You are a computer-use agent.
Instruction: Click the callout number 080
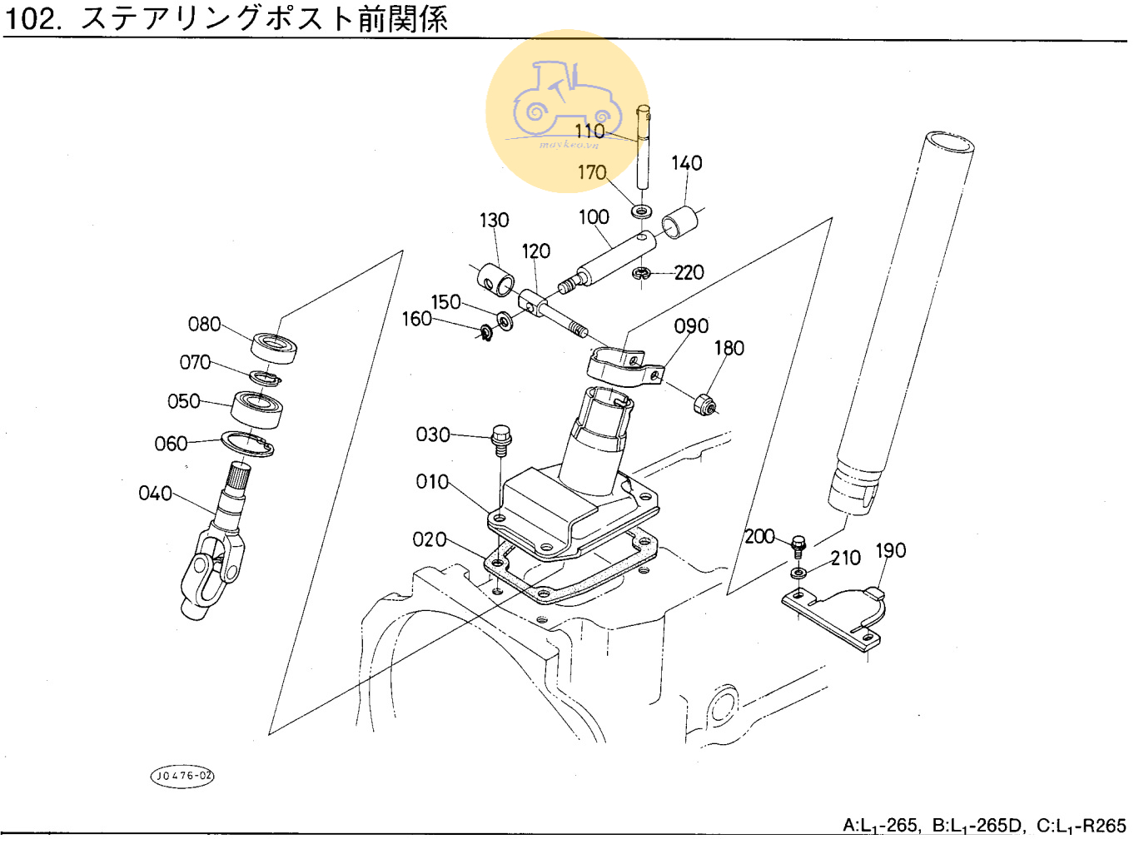204,324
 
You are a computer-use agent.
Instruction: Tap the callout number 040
155,494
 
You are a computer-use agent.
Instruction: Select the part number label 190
890,551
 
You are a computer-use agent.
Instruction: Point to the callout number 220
689,272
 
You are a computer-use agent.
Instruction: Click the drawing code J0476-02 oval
182,776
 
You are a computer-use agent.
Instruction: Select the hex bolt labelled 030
501,439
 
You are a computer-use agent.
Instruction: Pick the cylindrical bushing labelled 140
680,223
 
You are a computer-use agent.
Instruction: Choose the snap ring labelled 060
247,444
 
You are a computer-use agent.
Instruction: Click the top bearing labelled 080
274,347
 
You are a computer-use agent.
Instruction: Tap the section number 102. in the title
33,18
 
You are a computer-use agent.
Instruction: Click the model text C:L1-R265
1081,826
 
